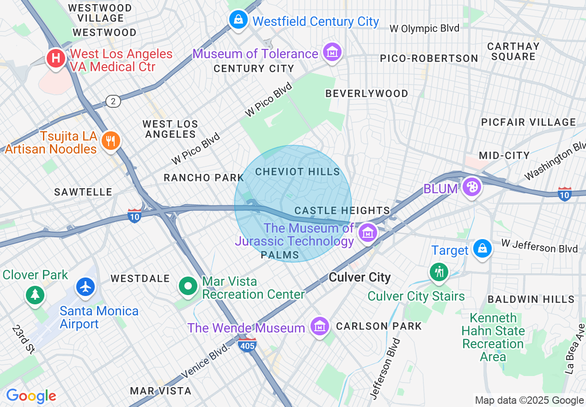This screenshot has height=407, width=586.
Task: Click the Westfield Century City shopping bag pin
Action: (238, 20)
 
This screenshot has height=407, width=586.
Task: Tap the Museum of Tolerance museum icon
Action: (332, 52)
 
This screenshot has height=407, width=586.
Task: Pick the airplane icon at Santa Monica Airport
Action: (85, 287)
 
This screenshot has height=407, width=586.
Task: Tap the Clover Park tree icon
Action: (35, 294)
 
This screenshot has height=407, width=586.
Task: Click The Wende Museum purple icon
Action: (319, 326)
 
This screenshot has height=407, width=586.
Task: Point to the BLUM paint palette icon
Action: (472, 187)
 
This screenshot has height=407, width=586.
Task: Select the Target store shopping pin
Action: (482, 248)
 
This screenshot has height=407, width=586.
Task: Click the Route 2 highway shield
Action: (113, 101)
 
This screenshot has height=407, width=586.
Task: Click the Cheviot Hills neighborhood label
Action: (298, 172)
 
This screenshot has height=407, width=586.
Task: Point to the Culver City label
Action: (360, 277)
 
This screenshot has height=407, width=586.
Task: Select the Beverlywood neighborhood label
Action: (366, 94)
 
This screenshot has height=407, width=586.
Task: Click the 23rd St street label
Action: (23, 339)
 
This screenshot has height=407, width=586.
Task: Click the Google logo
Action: (31, 396)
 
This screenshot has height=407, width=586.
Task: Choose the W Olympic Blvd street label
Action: (424, 28)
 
